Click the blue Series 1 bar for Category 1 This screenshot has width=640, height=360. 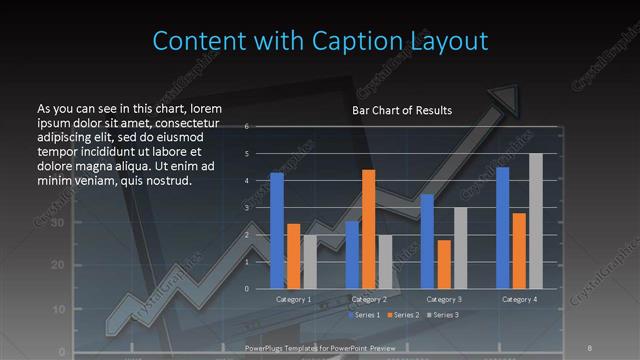coord(277,230)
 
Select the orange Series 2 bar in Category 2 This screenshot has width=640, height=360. coord(368,229)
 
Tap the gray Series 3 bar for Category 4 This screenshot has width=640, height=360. coord(536,221)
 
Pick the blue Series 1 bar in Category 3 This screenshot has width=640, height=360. coord(427,241)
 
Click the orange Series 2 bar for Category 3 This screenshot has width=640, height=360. coord(443,264)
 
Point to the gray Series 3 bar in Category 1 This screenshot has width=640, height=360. coord(310,262)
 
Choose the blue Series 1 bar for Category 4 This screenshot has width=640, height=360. coord(503,228)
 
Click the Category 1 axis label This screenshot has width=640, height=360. coord(293,299)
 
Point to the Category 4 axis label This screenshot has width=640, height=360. coord(519,299)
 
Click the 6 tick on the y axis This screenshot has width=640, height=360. coord(260,126)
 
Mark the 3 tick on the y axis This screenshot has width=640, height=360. coord(260,208)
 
